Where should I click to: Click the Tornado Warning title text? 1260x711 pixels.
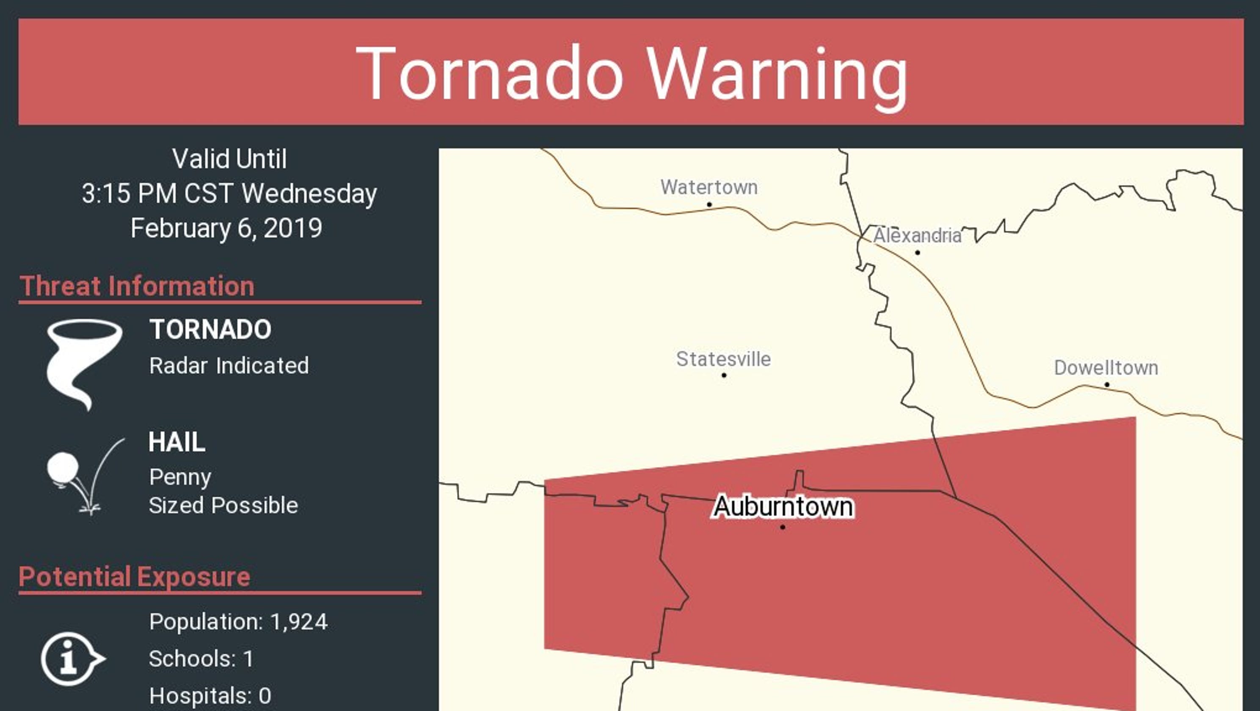(631, 73)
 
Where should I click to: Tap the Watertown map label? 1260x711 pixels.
(709, 187)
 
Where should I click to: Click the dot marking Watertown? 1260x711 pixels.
(709, 204)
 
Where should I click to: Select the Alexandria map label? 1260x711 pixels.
(917, 236)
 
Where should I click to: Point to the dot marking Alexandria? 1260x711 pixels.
(917, 252)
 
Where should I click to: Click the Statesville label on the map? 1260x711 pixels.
(723, 359)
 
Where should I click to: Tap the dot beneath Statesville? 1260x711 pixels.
(724, 375)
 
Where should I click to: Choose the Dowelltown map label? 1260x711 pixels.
(1106, 368)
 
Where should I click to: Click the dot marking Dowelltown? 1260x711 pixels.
(1107, 384)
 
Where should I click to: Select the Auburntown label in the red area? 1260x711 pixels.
(783, 507)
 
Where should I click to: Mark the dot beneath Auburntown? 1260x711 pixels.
(783, 527)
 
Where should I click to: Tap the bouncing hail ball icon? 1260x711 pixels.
(63, 467)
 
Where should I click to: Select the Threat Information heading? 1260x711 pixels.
(137, 286)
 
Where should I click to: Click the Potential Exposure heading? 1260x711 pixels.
(135, 576)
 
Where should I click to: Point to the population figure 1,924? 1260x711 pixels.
(298, 622)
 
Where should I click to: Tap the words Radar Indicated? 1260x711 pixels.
(229, 366)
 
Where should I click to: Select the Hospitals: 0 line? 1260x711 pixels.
(210, 695)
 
